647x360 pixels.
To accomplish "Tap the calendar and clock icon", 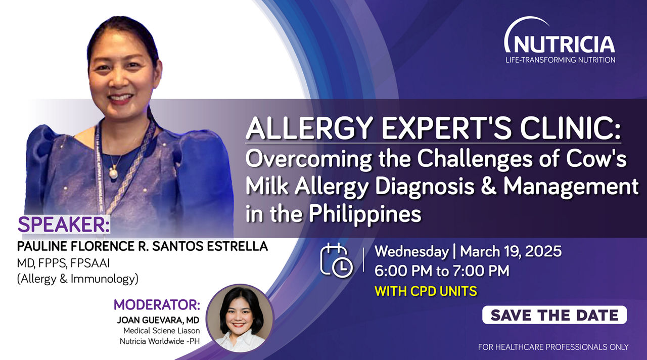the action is (337, 260).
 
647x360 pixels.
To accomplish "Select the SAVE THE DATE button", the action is (554, 315).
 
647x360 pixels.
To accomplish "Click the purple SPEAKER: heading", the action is (64, 224).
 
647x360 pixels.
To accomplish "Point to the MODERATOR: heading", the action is (157, 304).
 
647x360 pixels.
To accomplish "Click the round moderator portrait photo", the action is (240, 319).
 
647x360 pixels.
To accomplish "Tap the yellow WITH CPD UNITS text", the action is (426, 291).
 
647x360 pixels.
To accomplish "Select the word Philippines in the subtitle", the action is (365, 215).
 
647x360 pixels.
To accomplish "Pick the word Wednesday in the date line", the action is (411, 251).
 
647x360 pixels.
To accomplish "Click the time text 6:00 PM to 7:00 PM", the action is (442, 271).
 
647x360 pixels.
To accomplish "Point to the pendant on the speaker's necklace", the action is (114, 173).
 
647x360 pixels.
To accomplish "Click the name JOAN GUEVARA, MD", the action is (158, 320).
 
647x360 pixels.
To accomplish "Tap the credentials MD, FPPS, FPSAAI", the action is (63, 263).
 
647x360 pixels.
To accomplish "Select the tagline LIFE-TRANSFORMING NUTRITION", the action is (561, 60).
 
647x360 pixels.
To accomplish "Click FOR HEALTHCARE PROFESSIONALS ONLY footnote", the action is (553, 347).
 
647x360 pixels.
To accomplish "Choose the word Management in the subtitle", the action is (571, 187).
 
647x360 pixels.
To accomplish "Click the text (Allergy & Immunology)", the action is (78, 279).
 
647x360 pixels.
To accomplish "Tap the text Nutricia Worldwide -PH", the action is (160, 341).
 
